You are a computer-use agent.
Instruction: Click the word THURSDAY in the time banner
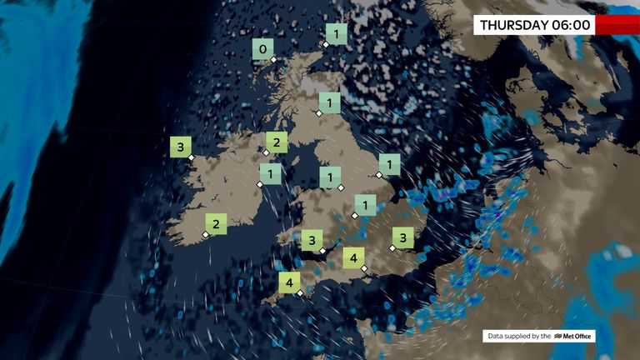[514, 25]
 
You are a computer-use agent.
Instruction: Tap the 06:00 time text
[571, 25]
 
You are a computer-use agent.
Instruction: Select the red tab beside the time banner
[617, 25]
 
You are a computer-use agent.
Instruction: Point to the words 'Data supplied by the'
[519, 337]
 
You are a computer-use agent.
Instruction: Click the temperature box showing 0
[263, 50]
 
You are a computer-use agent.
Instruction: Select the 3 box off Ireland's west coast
[180, 147]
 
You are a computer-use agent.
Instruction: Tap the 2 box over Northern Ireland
[277, 142]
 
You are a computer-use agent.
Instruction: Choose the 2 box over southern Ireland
[216, 223]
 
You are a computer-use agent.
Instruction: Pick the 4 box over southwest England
[290, 283]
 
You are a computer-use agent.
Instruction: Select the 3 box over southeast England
[403, 237]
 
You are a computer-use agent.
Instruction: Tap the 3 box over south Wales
[312, 241]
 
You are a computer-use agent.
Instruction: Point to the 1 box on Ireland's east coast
[270, 173]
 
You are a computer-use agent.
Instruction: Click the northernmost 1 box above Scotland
[336, 34]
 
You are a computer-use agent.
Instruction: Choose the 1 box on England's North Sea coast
[389, 164]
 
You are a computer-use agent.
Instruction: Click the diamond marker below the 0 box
[273, 60]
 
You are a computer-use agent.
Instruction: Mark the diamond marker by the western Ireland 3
[191, 157]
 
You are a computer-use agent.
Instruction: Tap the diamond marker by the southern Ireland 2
[206, 234]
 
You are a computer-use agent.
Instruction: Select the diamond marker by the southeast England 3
[392, 247]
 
